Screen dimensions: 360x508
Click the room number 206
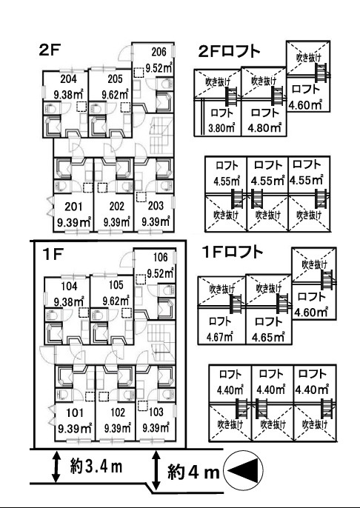pyautogui.click(x=159, y=52)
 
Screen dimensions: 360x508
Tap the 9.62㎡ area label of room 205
pyautogui.click(x=116, y=94)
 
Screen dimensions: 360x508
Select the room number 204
pyautogui.click(x=68, y=78)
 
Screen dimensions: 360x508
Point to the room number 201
pyautogui.click(x=73, y=207)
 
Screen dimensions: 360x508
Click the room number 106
pyautogui.click(x=161, y=257)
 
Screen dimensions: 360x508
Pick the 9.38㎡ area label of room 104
pyautogui.click(x=70, y=302)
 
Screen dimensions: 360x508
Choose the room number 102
pyautogui.click(x=118, y=412)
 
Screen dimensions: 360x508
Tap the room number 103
pyautogui.click(x=156, y=412)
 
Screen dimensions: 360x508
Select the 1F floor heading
pyautogui.click(x=53, y=255)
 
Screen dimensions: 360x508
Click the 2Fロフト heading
pyautogui.click(x=229, y=51)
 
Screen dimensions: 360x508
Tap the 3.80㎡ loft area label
pyautogui.click(x=221, y=128)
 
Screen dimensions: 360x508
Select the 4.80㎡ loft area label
pyautogui.click(x=264, y=127)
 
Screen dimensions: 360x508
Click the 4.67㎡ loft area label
pyautogui.click(x=220, y=337)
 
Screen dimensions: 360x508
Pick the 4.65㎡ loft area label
pyautogui.click(x=268, y=337)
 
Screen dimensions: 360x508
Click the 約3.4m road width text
pyautogui.click(x=96, y=467)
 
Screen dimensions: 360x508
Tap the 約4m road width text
pyautogui.click(x=194, y=472)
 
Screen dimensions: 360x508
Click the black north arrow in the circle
pyautogui.click(x=245, y=470)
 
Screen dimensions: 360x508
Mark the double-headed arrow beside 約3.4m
pyautogui.click(x=56, y=467)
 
